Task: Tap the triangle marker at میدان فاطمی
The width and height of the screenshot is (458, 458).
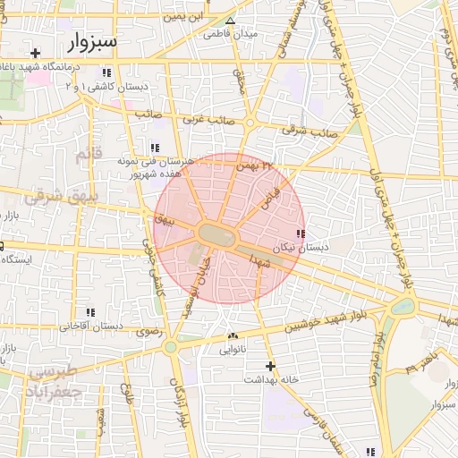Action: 231,21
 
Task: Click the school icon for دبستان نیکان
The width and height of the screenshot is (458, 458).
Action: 299,233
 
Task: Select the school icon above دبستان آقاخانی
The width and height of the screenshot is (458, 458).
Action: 90,312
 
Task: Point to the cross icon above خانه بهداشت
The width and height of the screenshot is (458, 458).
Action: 270,366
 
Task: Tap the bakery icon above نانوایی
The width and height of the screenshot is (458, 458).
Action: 233,337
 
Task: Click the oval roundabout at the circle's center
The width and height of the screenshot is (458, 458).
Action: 217,234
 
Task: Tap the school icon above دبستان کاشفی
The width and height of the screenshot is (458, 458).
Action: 107,72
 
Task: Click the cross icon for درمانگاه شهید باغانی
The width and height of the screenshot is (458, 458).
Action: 35,54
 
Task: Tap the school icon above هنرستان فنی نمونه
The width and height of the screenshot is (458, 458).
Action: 154,148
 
